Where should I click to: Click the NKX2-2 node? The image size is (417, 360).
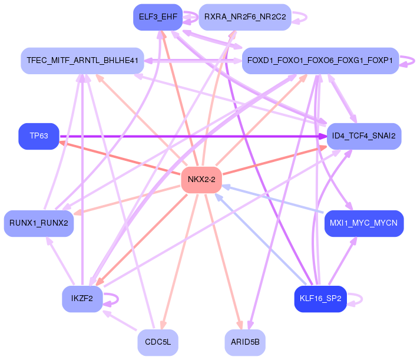pyautogui.click(x=201, y=180)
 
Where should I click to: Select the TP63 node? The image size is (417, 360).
pyautogui.click(x=39, y=136)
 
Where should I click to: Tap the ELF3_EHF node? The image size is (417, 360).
pyautogui.click(x=158, y=17)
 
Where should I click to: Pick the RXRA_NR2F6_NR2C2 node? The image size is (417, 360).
pyautogui.click(x=245, y=17)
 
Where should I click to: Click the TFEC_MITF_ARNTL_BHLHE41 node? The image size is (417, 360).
pyautogui.click(x=82, y=61)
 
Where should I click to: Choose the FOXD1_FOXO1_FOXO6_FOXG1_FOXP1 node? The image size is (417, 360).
pyautogui.click(x=320, y=61)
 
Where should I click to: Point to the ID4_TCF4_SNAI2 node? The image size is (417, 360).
pyautogui.click(x=364, y=136)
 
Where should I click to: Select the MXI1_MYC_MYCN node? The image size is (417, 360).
pyautogui.click(x=364, y=223)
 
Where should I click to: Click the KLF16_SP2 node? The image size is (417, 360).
pyautogui.click(x=320, y=299)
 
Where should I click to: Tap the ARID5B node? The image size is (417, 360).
pyautogui.click(x=245, y=342)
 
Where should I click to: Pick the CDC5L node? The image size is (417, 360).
pyautogui.click(x=158, y=342)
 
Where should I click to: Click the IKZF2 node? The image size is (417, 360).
pyautogui.click(x=82, y=299)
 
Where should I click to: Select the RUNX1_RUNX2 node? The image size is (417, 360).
pyautogui.click(x=39, y=223)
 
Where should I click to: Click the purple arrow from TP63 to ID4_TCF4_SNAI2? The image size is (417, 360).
pyautogui.click(x=193, y=137)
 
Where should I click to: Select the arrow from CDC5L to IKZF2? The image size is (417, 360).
pyautogui.click(x=120, y=321)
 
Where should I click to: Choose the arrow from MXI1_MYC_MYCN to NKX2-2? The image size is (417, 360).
pyautogui.click(x=273, y=199)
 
